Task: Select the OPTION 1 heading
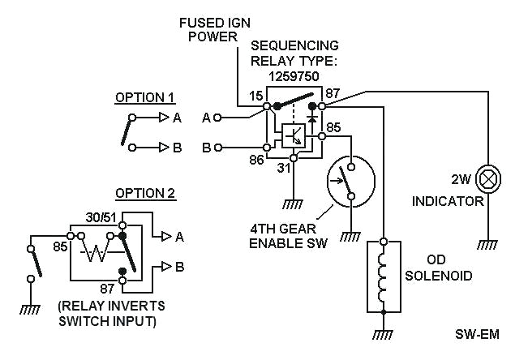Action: (x=145, y=97)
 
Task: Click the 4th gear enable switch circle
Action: (x=348, y=181)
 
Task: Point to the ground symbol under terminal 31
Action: (x=294, y=204)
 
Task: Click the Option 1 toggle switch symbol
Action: (x=129, y=131)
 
